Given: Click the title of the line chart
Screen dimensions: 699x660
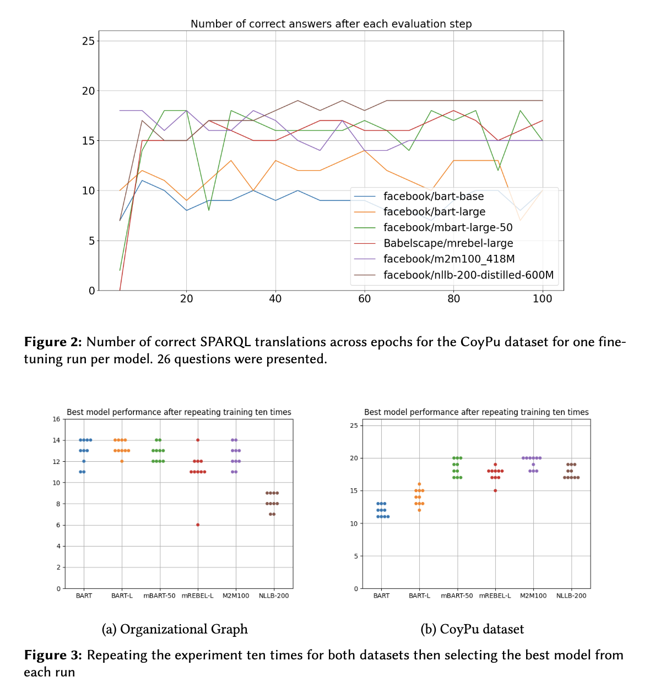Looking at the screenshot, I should click(331, 24).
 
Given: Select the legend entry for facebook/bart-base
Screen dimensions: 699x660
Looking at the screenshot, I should click(434, 196).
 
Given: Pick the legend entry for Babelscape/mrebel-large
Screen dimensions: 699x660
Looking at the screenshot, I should click(448, 243).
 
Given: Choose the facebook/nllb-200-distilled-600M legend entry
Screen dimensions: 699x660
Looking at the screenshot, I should click(468, 275).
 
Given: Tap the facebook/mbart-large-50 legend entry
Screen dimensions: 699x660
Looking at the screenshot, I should click(448, 228).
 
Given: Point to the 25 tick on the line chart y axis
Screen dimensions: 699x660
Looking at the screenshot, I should click(89, 41).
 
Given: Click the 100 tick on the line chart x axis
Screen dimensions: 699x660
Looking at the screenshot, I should click(543, 299).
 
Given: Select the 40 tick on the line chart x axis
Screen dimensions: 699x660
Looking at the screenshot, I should click(275, 299).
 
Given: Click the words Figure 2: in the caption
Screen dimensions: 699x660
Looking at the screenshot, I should click(53, 342).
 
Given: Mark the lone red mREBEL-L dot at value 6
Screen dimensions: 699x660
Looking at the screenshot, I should click(198, 525).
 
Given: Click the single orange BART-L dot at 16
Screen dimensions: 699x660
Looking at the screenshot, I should click(419, 484).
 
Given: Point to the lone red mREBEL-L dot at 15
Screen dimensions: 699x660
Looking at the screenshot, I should click(495, 490).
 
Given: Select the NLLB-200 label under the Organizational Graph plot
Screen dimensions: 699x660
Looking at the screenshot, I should click(274, 596).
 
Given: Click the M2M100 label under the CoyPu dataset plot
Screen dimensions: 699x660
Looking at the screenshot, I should click(533, 596).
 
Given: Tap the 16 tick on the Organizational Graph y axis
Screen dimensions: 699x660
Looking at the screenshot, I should click(57, 419).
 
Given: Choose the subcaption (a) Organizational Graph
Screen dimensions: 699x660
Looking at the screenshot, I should click(175, 629).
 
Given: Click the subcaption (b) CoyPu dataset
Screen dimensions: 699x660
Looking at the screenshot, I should click(472, 629).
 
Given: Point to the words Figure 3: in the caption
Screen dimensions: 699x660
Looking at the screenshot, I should click(53, 656).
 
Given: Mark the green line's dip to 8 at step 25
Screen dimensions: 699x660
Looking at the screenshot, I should click(209, 210).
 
